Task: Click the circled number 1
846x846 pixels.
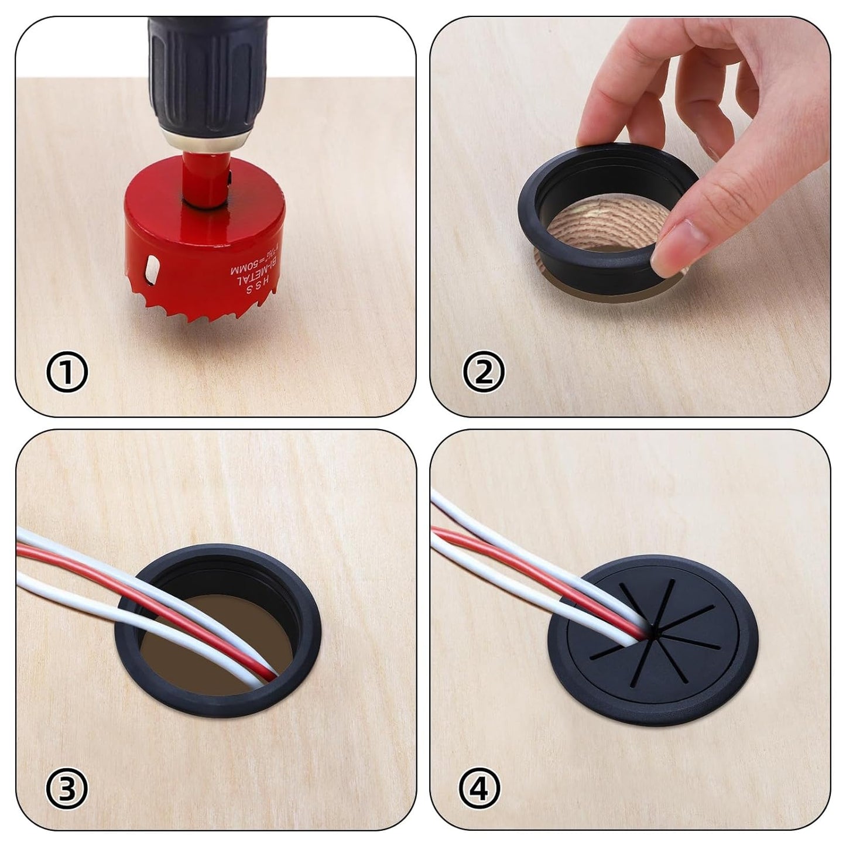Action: click(67, 374)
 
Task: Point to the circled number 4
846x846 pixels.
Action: click(480, 788)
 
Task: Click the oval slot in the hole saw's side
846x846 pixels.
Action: click(152, 269)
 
